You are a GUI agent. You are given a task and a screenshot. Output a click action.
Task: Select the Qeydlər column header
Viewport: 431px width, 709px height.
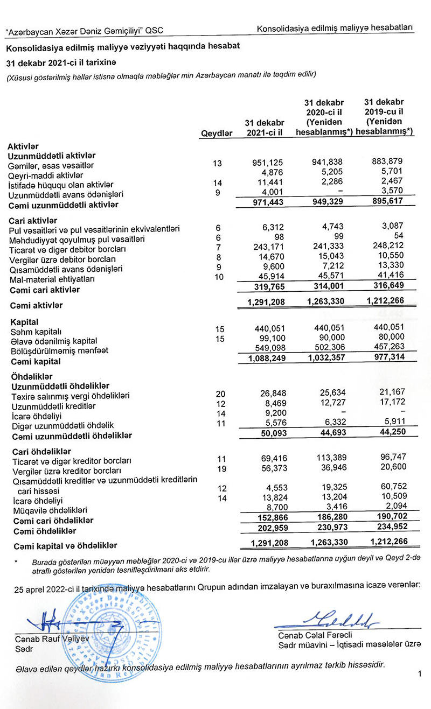217,133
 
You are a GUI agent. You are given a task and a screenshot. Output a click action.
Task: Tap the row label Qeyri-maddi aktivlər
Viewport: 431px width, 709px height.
45,174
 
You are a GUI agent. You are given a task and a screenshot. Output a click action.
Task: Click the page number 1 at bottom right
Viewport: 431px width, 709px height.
418,673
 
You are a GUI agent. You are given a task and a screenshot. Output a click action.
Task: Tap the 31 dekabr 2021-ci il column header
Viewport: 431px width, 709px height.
264,128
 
